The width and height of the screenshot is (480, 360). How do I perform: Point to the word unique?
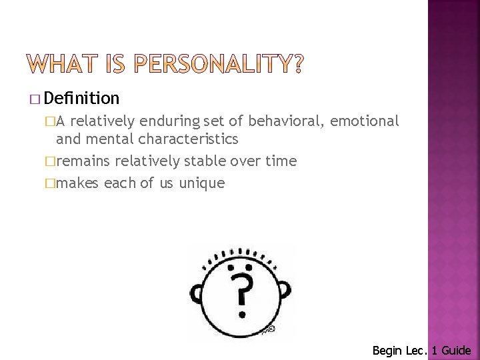tap(202, 182)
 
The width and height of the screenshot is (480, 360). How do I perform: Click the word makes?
tap(78, 182)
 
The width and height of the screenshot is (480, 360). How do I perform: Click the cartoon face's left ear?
tap(197, 291)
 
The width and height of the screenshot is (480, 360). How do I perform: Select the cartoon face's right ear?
tap(285, 291)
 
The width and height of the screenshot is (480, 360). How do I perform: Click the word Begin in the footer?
tap(387, 349)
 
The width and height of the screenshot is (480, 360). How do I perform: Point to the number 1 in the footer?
tap(433, 349)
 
